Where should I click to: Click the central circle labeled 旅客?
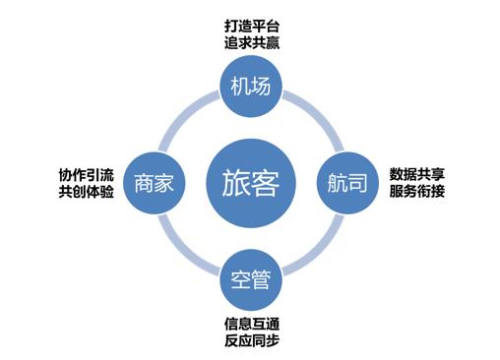(x=250, y=183)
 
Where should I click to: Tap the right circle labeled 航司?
(x=345, y=183)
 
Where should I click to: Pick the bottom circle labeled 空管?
(x=250, y=278)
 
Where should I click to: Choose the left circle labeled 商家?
(x=156, y=183)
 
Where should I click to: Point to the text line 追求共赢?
(x=249, y=43)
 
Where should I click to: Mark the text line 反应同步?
(x=249, y=342)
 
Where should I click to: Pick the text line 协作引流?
(x=87, y=174)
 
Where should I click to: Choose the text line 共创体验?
(x=87, y=192)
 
